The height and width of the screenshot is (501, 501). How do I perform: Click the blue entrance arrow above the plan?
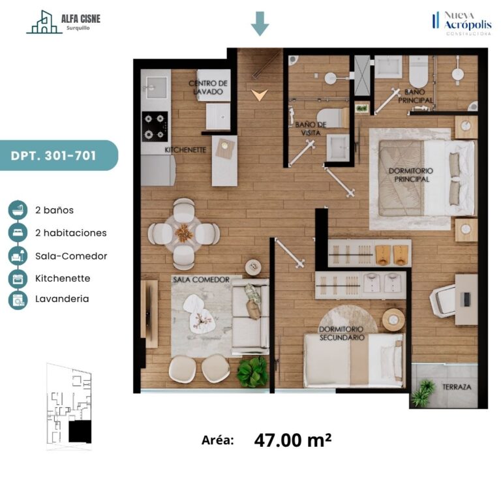pyautogui.click(x=260, y=23)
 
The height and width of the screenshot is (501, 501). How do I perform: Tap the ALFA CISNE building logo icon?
pyautogui.click(x=44, y=22)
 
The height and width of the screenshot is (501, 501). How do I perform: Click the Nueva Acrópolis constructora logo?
pyautogui.click(x=462, y=23)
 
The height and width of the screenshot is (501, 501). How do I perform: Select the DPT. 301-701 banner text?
pyautogui.click(x=53, y=156)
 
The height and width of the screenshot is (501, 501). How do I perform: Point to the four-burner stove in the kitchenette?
pyautogui.click(x=155, y=127)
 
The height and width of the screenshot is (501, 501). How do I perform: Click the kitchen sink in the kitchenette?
pyautogui.click(x=157, y=87)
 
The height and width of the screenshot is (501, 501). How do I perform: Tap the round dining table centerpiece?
pyautogui.click(x=184, y=233)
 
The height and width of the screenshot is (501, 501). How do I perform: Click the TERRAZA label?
pyautogui.click(x=457, y=387)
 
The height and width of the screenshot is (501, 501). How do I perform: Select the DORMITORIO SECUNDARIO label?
pyautogui.click(x=342, y=333)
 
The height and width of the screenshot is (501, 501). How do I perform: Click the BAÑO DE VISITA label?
pyautogui.click(x=311, y=129)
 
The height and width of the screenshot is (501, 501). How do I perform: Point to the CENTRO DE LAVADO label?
pyautogui.click(x=208, y=87)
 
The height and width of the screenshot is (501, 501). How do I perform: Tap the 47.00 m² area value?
pyautogui.click(x=293, y=440)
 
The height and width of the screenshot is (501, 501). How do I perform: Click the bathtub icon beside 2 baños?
pyautogui.click(x=18, y=210)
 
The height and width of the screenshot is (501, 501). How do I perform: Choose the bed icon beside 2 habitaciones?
pyautogui.click(x=18, y=233)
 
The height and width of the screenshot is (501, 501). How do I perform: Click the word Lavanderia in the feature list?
pyautogui.click(x=62, y=299)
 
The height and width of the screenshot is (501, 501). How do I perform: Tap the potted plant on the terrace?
pyautogui.click(x=423, y=393)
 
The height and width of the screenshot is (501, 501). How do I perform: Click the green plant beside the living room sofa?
pyautogui.click(x=252, y=372)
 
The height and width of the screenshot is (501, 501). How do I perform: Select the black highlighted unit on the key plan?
pyautogui.click(x=80, y=431)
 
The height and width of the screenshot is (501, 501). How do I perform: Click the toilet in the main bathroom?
pyautogui.click(x=418, y=71)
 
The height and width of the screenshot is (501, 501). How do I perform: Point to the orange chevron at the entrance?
pyautogui.click(x=260, y=95)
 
